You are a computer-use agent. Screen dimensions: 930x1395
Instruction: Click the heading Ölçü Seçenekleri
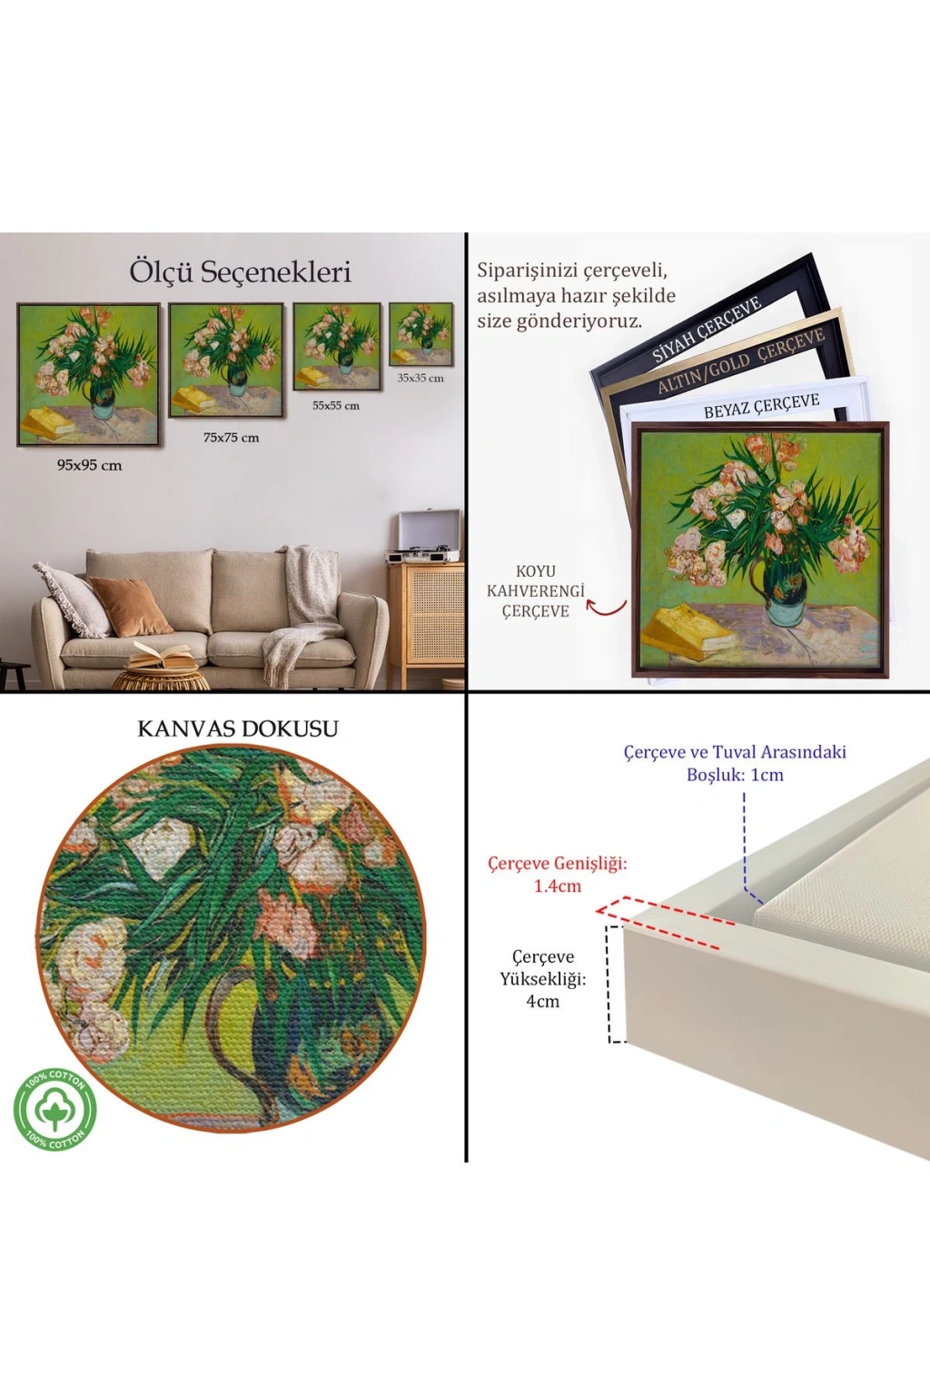[240, 272]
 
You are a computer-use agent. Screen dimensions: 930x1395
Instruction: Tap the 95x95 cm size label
[90, 465]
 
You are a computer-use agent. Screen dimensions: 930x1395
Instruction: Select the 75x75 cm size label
[231, 437]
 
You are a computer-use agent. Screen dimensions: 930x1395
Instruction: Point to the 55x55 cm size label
[336, 405]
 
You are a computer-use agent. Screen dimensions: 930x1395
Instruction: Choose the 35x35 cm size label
[420, 378]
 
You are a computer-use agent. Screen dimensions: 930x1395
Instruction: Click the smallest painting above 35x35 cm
[421, 334]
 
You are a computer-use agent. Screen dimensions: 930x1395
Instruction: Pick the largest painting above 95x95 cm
[88, 375]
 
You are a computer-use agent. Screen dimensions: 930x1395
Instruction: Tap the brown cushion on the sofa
[131, 606]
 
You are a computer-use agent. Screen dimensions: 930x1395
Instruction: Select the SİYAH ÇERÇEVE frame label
[707, 330]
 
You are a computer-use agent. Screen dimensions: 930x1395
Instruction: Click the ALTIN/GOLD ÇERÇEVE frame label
[741, 362]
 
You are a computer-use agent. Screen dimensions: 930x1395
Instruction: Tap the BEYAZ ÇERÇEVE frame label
[762, 405]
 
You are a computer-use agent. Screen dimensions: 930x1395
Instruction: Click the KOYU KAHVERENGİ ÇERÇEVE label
[536, 591]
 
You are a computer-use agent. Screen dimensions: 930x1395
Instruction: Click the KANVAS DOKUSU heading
[238, 729]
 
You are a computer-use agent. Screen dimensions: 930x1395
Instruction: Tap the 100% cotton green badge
[54, 1109]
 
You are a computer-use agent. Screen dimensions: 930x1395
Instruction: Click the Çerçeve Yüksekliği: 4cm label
[542, 978]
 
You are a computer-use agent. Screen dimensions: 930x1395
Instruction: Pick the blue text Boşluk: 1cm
[735, 775]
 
